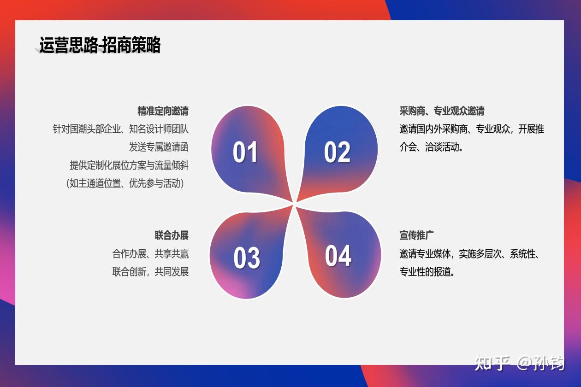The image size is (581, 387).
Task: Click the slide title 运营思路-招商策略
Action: [100, 45]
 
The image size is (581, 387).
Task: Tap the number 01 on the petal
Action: [245, 152]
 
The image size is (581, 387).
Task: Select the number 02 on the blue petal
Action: [337, 152]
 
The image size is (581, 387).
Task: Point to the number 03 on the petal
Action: [247, 258]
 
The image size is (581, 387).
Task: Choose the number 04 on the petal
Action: [338, 256]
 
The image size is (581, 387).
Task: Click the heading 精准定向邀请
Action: [163, 111]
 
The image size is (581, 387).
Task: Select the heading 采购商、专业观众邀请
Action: [442, 111]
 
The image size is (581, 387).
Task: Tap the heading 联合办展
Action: [172, 235]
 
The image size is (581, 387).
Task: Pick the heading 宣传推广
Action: [416, 235]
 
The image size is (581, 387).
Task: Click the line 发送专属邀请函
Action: [159, 147]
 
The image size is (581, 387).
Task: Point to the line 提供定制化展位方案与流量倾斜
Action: [129, 165]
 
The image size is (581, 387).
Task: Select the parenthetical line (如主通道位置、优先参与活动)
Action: [125, 183]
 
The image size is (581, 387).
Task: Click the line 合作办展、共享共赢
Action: [150, 254]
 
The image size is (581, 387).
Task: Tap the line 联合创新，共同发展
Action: [150, 272]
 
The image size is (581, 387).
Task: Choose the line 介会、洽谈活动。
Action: [431, 147]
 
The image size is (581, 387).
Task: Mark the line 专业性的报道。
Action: [427, 272]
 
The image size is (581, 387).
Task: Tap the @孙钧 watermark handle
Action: [540, 363]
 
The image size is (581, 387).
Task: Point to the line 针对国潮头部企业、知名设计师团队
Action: [121, 129]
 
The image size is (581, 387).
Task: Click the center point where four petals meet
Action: [294, 204]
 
